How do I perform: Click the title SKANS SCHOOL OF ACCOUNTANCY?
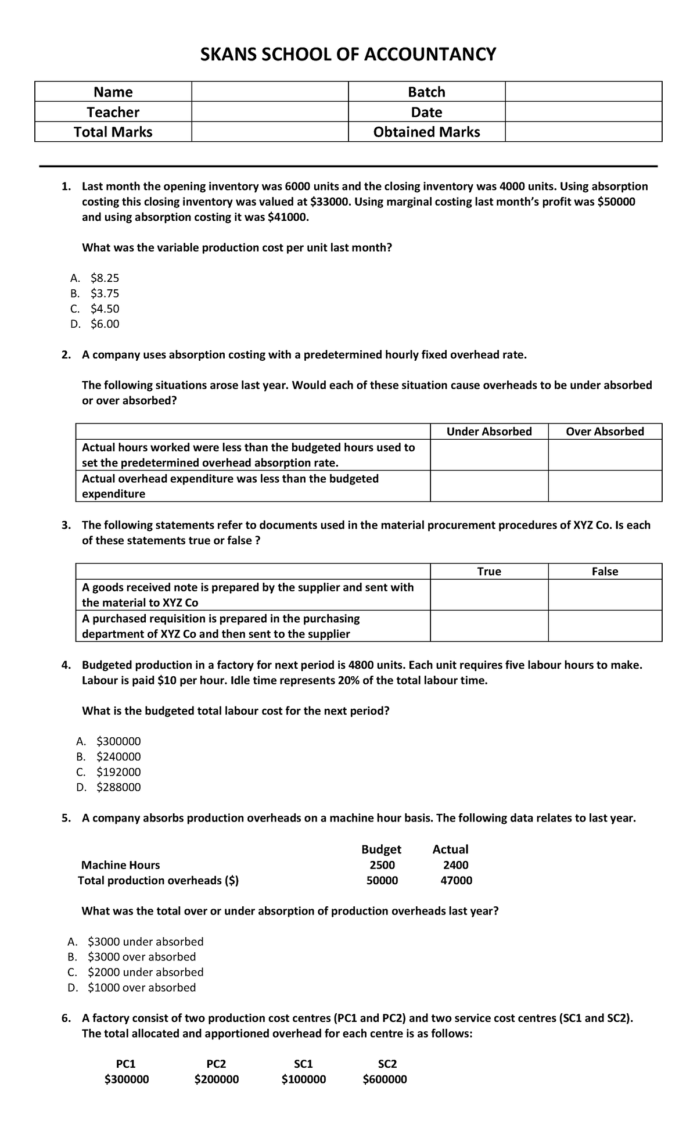pos(348,55)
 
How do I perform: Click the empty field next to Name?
pos(270,92)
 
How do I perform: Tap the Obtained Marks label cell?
pos(426,132)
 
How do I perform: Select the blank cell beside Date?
pos(583,112)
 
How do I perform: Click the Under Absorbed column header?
pos(489,432)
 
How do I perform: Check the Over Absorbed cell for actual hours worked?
pos(605,455)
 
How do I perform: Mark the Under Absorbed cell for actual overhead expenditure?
pos(489,486)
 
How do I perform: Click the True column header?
pos(489,572)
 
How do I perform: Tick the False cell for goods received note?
pos(605,595)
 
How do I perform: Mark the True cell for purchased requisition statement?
pos(489,626)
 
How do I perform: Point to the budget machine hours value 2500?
pos(382,865)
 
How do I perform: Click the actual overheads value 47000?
pos(456,880)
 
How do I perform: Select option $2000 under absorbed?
pos(145,972)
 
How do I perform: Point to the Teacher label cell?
pos(113,112)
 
